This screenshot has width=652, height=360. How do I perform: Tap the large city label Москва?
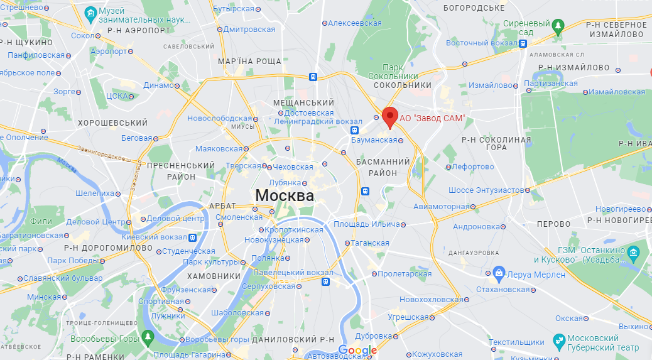pos(285,195)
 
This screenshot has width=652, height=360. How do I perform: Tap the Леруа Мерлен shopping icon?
pos(499,272)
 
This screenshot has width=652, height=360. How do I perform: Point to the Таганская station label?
pos(371,243)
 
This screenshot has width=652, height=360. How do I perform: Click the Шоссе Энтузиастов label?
pos(486,190)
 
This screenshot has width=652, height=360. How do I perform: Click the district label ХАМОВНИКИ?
pos(214,276)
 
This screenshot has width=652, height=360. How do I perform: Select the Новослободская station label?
pos(219,118)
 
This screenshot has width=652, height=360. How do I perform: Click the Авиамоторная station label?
pos(441,206)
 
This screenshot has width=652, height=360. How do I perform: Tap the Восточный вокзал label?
pos(482,43)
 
